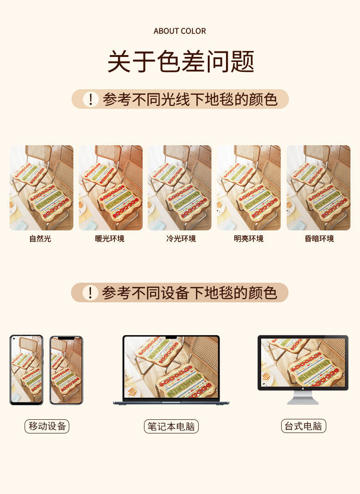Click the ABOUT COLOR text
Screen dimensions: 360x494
tap(180, 31)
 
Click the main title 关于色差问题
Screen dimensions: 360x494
tap(180, 61)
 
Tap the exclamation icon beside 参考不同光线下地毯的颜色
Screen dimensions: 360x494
tap(91, 99)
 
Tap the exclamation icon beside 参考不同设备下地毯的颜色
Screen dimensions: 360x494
tap(90, 292)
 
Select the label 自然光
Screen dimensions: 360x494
tap(41, 239)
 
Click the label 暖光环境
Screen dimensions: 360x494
tap(110, 239)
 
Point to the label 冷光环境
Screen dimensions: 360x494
tap(181, 239)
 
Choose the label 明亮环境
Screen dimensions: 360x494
tap(249, 239)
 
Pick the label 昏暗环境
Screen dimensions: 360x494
tap(319, 239)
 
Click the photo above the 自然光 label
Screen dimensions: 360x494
tap(41, 188)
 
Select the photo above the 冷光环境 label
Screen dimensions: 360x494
tap(180, 188)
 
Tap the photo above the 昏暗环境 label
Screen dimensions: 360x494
tap(319, 188)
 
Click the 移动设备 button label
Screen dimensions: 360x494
tap(47, 426)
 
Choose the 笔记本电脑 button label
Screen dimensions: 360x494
tap(171, 426)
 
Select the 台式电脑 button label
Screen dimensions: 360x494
tap(303, 426)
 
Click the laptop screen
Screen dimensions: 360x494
tap(171, 367)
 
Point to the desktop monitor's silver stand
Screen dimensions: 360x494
tap(303, 397)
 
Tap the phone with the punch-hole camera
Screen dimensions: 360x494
tap(26, 370)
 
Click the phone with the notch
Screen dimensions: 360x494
tap(66, 370)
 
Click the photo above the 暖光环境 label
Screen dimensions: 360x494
tap(111, 188)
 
